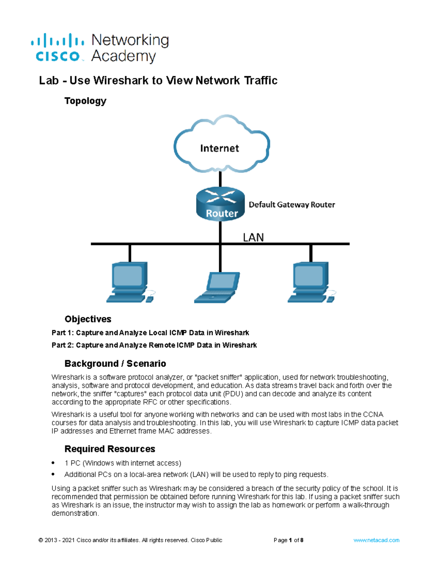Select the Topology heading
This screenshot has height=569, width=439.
pyautogui.click(x=85, y=101)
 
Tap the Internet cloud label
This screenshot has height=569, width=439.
pyautogui.click(x=219, y=148)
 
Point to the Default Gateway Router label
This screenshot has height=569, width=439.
pyautogui.click(x=292, y=204)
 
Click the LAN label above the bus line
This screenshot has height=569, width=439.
pyautogui.click(x=253, y=237)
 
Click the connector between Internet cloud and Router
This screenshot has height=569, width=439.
pyautogui.click(x=220, y=180)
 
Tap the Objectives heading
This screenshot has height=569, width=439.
pyautogui.click(x=88, y=319)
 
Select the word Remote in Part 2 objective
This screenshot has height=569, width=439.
pyautogui.click(x=162, y=345)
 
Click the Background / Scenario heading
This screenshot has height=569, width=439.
pyautogui.click(x=115, y=363)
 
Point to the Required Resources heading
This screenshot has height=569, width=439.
pyautogui.click(x=110, y=449)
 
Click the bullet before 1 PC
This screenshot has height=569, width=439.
pyautogui.click(x=53, y=463)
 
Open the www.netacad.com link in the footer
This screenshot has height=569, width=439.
pyautogui.click(x=376, y=540)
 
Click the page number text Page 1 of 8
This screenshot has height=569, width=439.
pyautogui.click(x=288, y=540)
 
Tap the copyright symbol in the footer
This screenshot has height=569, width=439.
pyautogui.click(x=41, y=540)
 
